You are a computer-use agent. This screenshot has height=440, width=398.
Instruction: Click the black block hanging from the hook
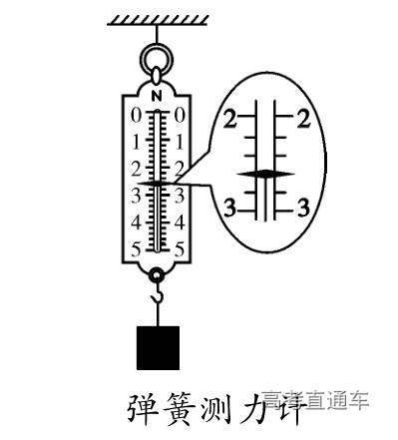pyautogui.click(x=158, y=345)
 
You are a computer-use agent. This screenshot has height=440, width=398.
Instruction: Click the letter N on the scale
pyautogui.click(x=158, y=95)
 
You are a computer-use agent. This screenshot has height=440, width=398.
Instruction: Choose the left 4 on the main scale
pyautogui.click(x=137, y=220)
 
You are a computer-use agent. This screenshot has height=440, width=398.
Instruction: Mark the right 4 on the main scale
pyautogui.click(x=180, y=220)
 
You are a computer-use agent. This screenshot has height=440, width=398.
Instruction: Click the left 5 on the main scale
pyautogui.click(x=137, y=246)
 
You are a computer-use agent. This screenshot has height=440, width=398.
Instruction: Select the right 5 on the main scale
pyautogui.click(x=180, y=246)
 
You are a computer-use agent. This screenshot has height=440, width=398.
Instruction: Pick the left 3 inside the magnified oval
pyautogui.click(x=230, y=208)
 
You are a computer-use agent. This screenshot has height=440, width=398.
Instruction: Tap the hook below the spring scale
pyautogui.click(x=157, y=295)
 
